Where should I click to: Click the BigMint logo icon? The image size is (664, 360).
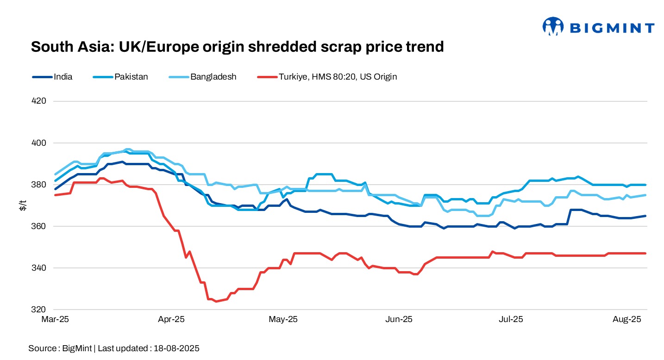coord(553,26)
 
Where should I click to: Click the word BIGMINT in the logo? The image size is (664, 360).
coord(611,28)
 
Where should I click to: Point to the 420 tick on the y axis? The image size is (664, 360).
coord(41,101)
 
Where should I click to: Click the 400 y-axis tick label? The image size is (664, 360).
coord(41,143)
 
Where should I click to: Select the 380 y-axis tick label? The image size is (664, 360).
coord(41,184)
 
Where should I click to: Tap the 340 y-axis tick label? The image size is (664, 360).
coord(41,268)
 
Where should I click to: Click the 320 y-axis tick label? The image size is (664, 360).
coord(41,310)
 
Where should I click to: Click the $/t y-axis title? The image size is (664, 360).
coord(22,205)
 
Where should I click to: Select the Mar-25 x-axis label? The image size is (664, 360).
coord(55,319)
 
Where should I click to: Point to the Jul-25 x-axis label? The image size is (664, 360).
coord(512,319)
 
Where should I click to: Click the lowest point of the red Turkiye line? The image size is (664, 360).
coord(216,301)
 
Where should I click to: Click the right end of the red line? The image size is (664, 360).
coord(646,253)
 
